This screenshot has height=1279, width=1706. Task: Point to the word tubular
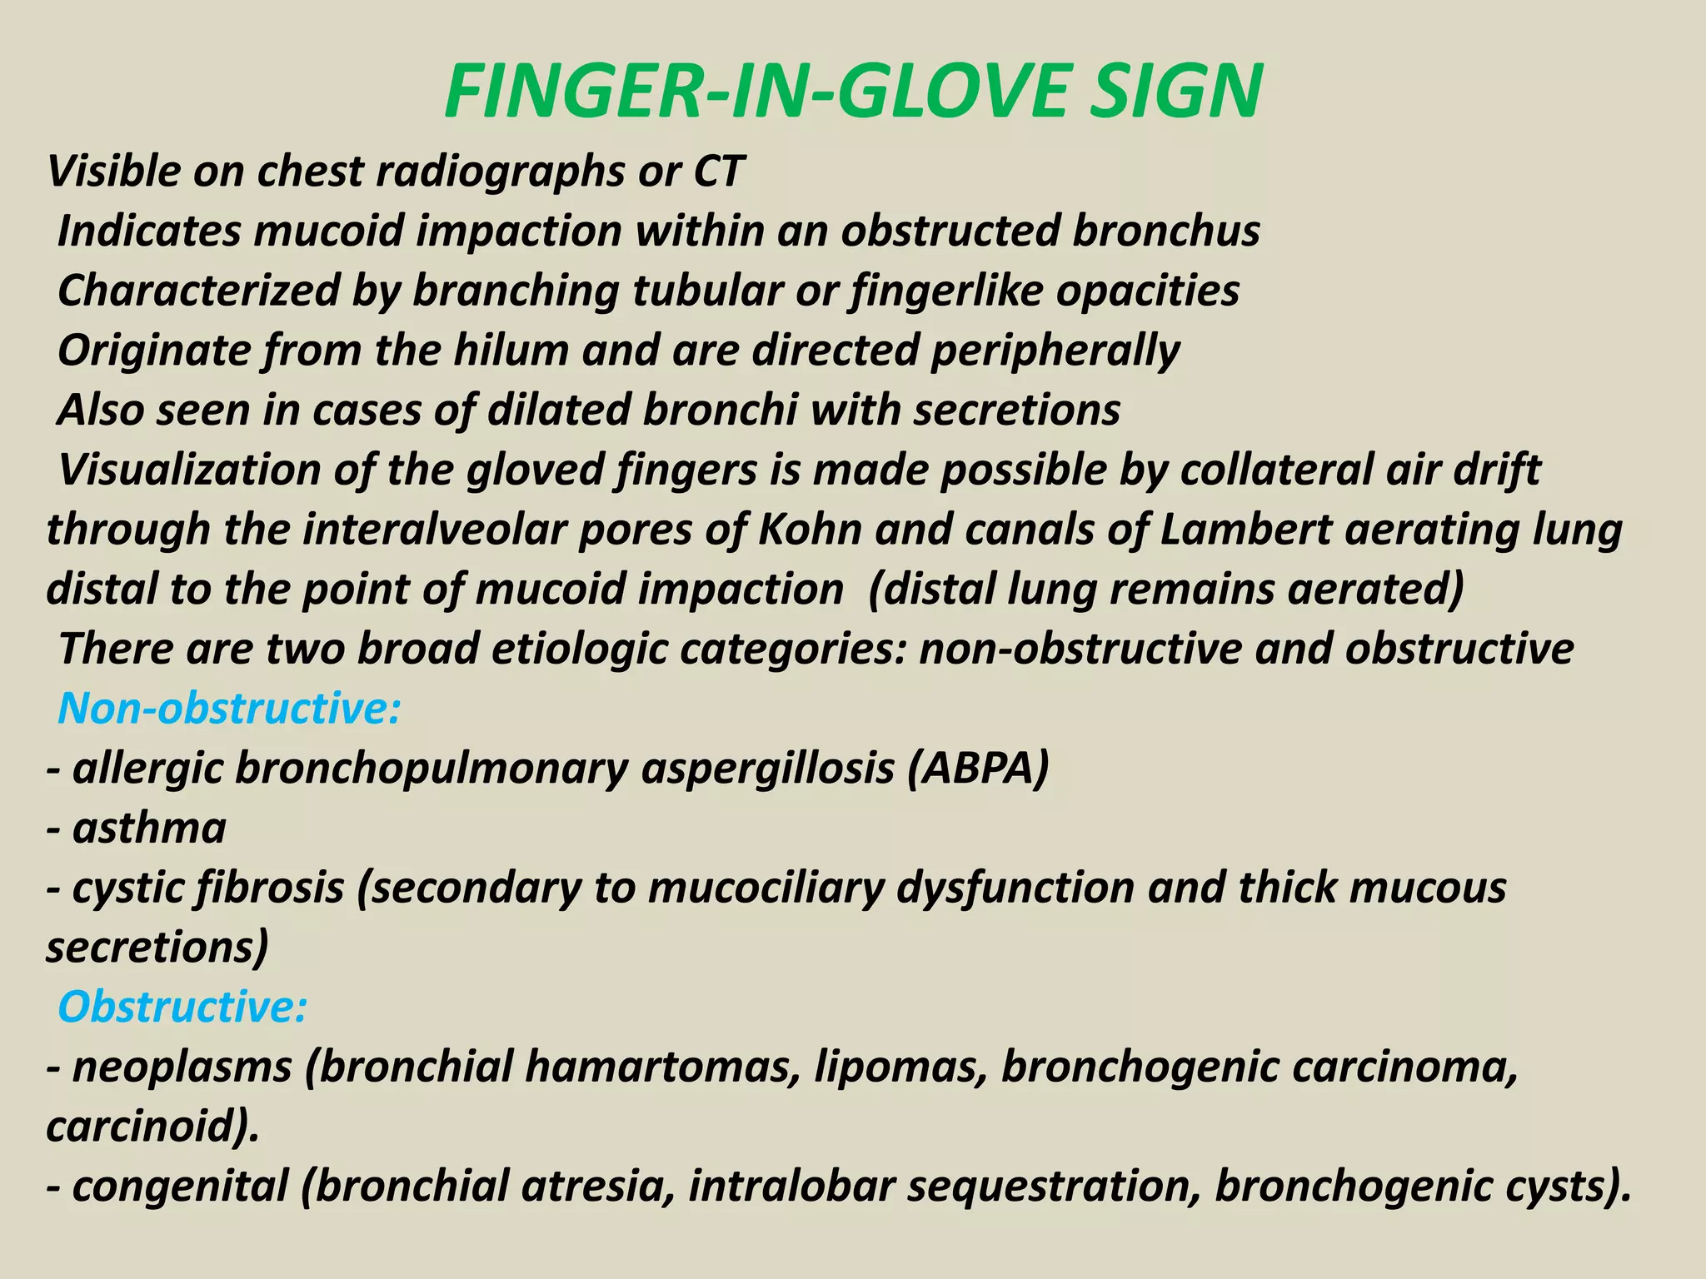point(707,291)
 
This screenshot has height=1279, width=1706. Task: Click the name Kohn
point(808,530)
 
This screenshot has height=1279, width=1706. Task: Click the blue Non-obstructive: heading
point(229,709)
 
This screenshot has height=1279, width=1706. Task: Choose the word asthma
point(149,829)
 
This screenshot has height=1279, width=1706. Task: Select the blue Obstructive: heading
point(182,1007)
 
